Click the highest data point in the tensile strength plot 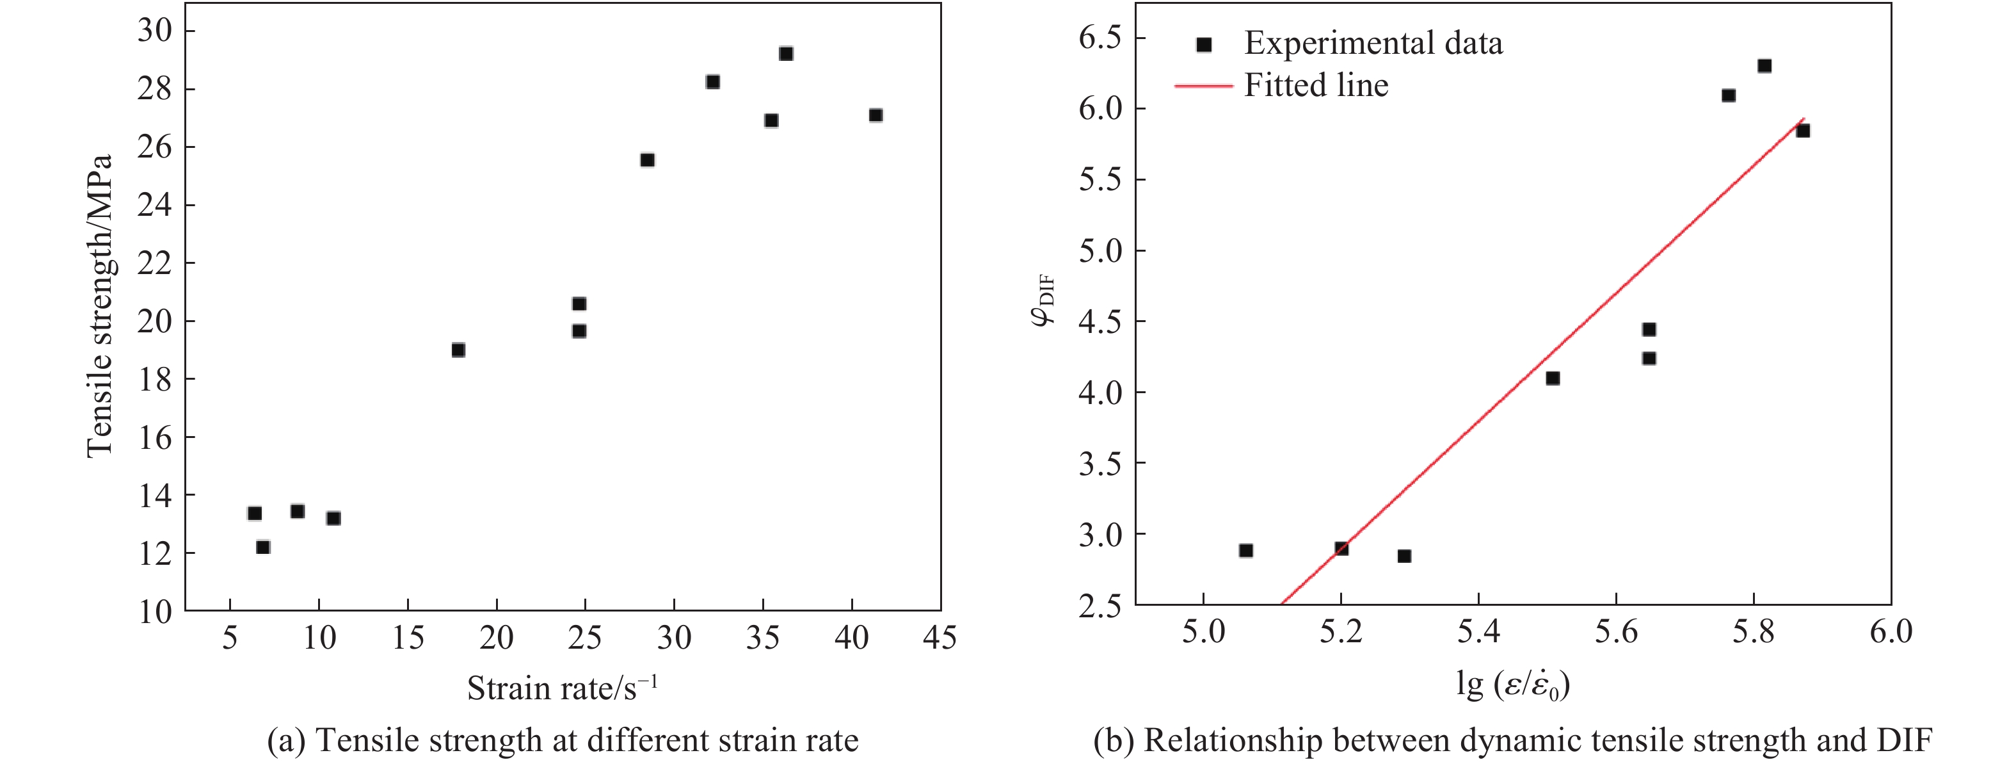point(786,54)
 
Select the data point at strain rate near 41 point(876,115)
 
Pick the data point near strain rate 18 point(459,350)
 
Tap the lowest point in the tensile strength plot point(263,547)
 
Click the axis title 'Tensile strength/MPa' point(100,305)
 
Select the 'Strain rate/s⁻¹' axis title point(562,688)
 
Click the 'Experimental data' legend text point(1373,43)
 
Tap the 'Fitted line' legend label point(1316,85)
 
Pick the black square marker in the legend point(1204,45)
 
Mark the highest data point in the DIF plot point(1764,66)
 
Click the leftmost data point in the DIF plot point(1246,551)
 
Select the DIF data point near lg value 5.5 point(1553,378)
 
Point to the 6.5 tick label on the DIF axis point(1100,38)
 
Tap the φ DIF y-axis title point(1044,302)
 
